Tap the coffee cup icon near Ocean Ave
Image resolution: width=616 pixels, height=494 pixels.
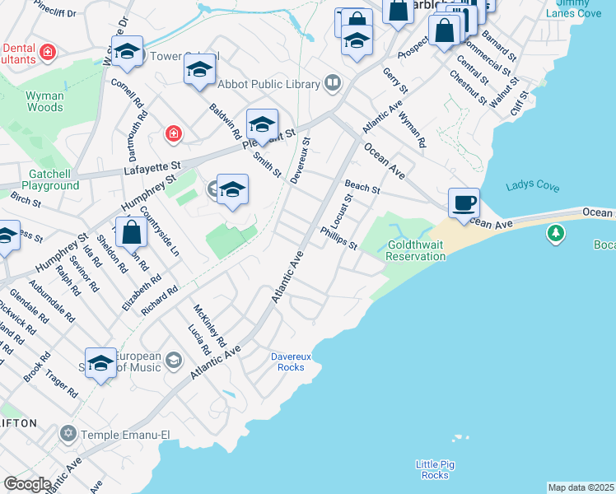click(x=464, y=202)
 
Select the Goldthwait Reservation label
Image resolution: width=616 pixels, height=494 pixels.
click(x=417, y=250)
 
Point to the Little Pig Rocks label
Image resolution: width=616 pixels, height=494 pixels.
click(x=432, y=469)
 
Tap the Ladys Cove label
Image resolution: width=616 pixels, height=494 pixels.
click(x=533, y=185)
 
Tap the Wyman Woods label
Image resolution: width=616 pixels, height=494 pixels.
click(x=44, y=101)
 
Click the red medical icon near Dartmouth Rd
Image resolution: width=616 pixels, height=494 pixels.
click(x=173, y=133)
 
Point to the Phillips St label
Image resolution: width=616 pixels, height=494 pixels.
click(x=339, y=239)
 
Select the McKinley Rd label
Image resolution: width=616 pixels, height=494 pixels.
click(x=209, y=326)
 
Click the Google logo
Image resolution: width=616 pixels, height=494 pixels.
click(x=27, y=484)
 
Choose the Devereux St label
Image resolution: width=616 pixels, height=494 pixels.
click(x=301, y=160)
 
